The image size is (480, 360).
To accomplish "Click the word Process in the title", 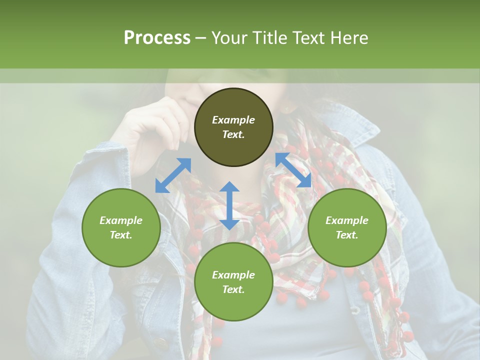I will coord(157,38).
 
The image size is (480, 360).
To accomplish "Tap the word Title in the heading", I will coord(270,38).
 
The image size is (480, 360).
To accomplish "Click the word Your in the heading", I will coord(230,38).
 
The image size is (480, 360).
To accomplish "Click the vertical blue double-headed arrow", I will coord(229,205).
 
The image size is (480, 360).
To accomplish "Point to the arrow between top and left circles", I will coord(173,175).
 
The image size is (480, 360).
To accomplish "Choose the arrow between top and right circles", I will coord(293,170).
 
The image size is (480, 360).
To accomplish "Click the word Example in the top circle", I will coord(233,120).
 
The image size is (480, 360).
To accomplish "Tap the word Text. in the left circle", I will coord(121,235).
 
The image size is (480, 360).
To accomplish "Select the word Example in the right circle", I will coord(347,220).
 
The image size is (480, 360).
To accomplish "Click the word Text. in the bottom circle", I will coord(233,289).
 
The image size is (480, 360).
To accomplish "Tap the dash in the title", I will coord(201,38).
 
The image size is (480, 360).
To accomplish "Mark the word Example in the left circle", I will coord(121,220).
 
